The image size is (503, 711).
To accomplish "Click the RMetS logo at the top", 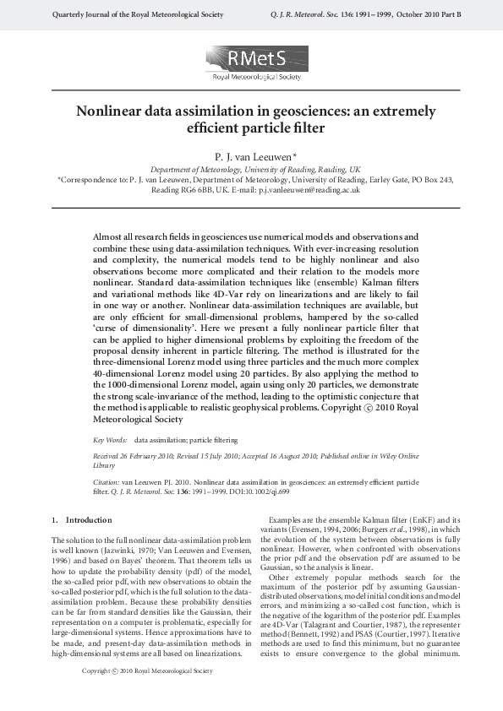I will pos(251,63).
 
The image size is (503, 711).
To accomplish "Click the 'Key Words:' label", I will pos(110,440).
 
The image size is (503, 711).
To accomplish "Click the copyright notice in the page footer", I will pos(147,695).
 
